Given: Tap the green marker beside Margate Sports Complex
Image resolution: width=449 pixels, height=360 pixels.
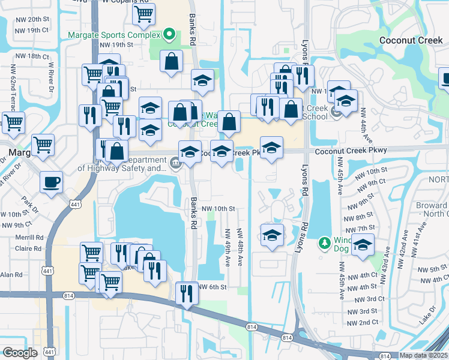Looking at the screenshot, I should (x=170, y=34).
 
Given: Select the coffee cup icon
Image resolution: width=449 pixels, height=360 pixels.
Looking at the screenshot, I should (x=51, y=181).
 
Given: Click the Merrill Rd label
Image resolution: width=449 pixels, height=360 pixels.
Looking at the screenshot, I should (x=31, y=237).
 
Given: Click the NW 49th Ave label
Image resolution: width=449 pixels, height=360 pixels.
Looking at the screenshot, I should (x=228, y=247).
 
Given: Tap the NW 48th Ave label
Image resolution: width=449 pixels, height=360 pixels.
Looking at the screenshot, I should (x=240, y=247).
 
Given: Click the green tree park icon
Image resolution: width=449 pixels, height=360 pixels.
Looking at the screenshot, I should (x=325, y=242).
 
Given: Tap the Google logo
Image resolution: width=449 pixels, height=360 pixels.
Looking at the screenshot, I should (x=19, y=352).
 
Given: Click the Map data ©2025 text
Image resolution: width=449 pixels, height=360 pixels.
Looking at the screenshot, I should (x=424, y=355).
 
